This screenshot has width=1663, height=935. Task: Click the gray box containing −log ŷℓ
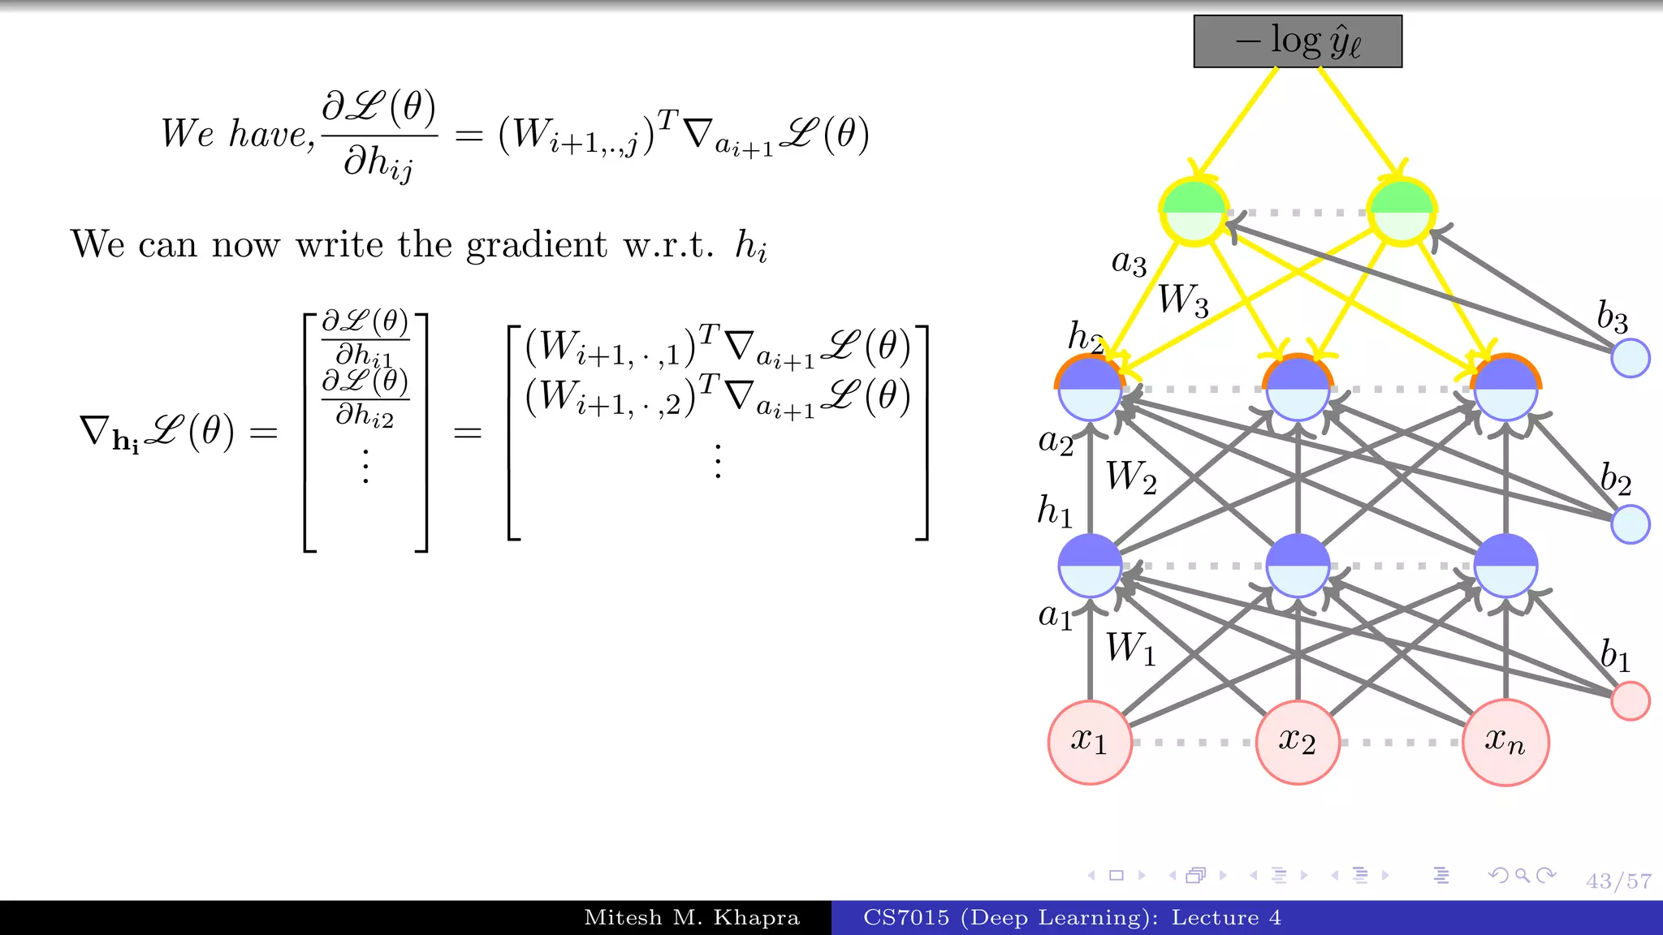tap(1297, 41)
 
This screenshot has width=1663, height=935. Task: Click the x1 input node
tap(1089, 742)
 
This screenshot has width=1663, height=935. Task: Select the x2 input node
tap(1297, 742)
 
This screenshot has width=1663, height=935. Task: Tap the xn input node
tap(1505, 742)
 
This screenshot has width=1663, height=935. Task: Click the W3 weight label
tap(1183, 300)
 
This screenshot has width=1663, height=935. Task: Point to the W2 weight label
tap(1131, 477)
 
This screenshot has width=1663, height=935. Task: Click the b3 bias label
tap(1612, 317)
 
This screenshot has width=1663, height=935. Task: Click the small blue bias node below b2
tap(1630, 524)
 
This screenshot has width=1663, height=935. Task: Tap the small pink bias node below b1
tap(1630, 701)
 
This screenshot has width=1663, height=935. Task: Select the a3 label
tap(1129, 263)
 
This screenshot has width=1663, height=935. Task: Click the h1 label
tap(1055, 511)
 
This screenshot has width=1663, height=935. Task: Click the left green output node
tap(1194, 212)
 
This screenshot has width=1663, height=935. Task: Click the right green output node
tap(1402, 212)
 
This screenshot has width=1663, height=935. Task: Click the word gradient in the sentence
tap(536, 245)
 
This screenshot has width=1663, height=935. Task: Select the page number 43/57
tap(1618, 881)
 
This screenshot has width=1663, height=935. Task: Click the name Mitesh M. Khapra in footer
tap(692, 918)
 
